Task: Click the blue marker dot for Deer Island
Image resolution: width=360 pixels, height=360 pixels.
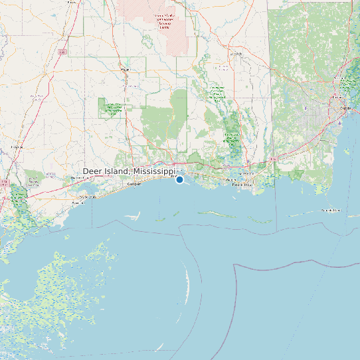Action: (179, 179)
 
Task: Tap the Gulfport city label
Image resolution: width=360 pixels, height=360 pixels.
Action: (135, 184)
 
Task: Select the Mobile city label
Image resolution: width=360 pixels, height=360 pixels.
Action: (345, 108)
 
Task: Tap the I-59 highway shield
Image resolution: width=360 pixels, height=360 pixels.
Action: (62, 51)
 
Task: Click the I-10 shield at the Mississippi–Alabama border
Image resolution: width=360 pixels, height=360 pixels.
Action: (272, 159)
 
